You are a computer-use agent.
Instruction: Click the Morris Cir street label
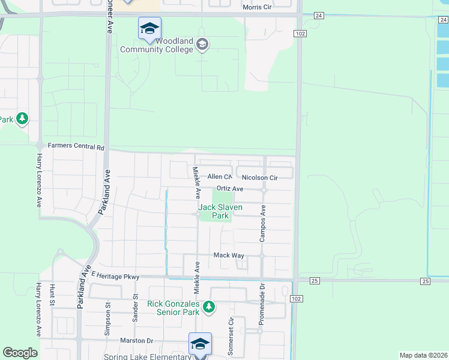(261, 7)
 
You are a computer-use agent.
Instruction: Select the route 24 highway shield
(318, 15)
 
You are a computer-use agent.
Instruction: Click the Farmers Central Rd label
(76, 146)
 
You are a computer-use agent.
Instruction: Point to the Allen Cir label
(220, 177)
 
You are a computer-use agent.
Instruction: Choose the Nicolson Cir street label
(260, 178)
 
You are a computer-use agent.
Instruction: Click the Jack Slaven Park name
(220, 211)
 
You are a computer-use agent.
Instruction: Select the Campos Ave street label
(263, 225)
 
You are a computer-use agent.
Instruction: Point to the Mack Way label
(229, 255)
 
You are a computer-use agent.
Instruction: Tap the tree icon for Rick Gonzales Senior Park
(208, 308)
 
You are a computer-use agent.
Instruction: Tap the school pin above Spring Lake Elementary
(200, 344)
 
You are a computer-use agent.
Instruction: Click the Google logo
(20, 353)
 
